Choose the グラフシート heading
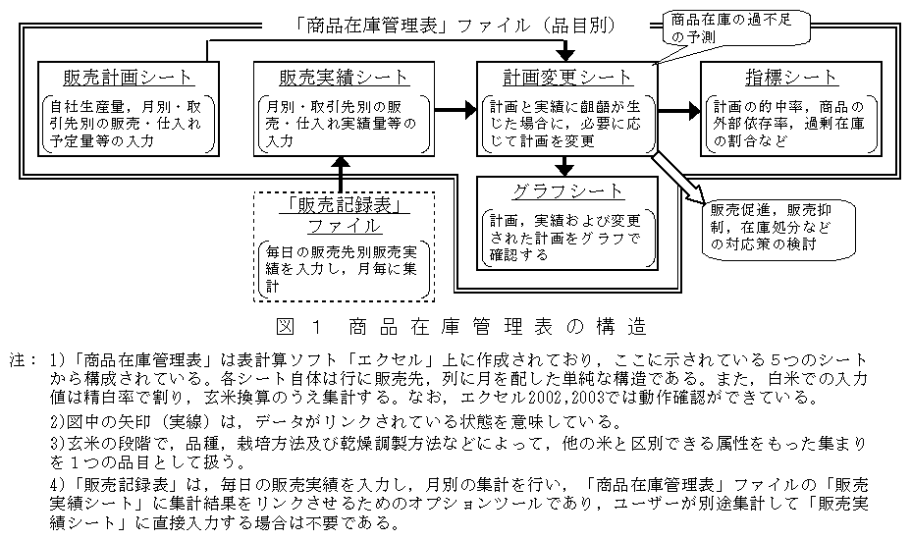(x=567, y=190)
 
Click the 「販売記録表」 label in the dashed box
(x=343, y=204)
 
